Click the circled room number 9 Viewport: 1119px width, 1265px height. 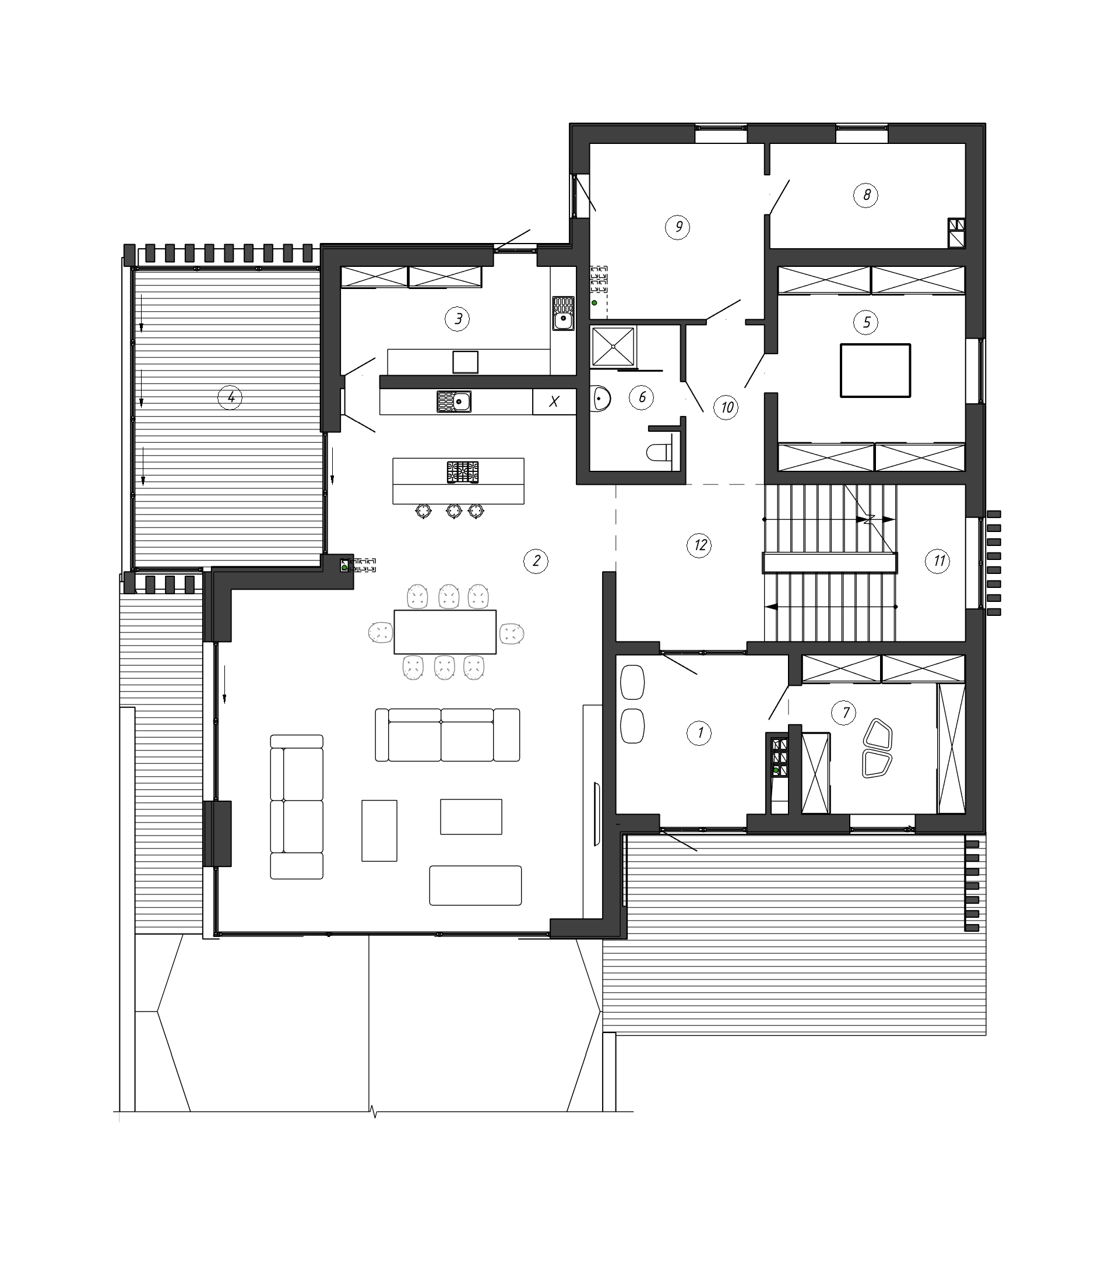[x=678, y=227]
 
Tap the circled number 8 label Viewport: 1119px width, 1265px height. [x=866, y=196]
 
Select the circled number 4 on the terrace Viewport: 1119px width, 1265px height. [x=230, y=397]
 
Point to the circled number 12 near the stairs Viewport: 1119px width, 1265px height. [x=699, y=545]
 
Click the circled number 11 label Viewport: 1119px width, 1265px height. [x=938, y=561]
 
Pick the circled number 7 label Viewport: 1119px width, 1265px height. [x=845, y=713]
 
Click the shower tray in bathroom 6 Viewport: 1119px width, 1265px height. [x=613, y=346]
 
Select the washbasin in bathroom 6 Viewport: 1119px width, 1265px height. [x=600, y=397]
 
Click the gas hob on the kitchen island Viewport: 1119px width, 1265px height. [x=463, y=472]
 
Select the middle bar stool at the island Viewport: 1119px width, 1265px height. [x=454, y=510]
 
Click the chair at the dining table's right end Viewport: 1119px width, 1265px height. [x=512, y=633]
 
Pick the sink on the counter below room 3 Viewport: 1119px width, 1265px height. [x=453, y=401]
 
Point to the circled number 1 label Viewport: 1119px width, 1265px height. [x=699, y=734]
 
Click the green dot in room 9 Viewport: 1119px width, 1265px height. [x=594, y=302]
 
